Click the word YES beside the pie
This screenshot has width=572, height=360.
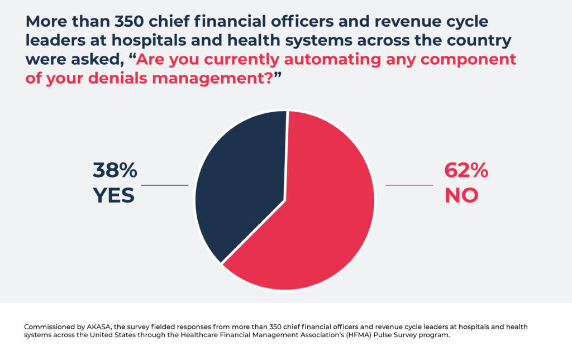click(114, 195)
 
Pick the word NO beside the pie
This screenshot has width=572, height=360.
click(461, 195)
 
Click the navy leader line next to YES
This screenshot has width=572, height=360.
click(164, 185)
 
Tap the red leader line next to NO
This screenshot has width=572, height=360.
click(409, 185)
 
